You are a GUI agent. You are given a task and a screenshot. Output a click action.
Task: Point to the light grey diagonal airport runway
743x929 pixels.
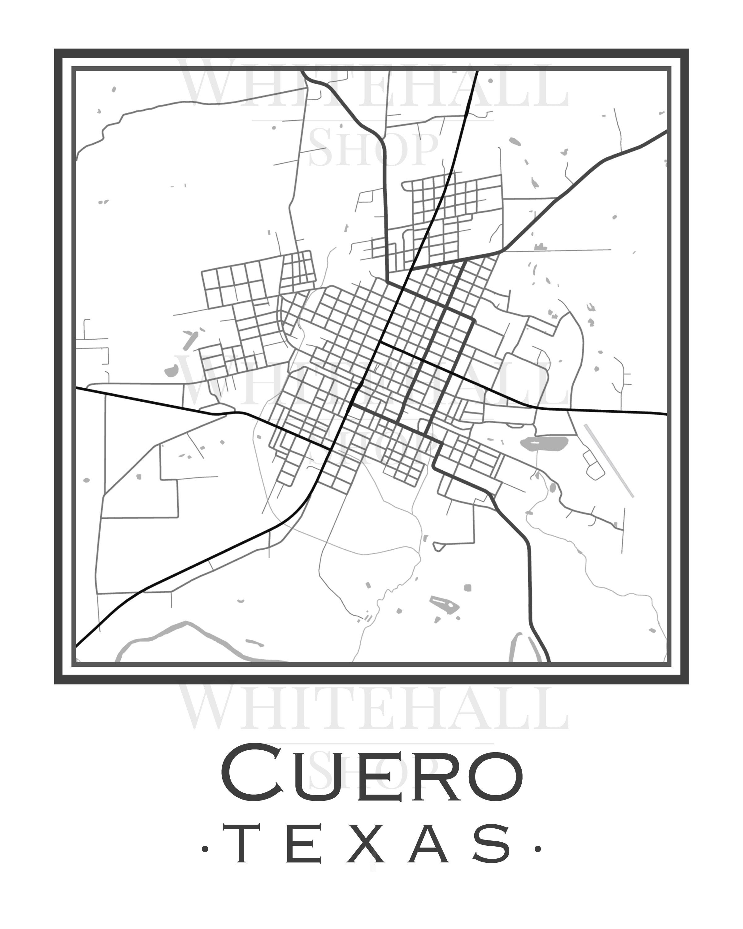pyautogui.click(x=608, y=460)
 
